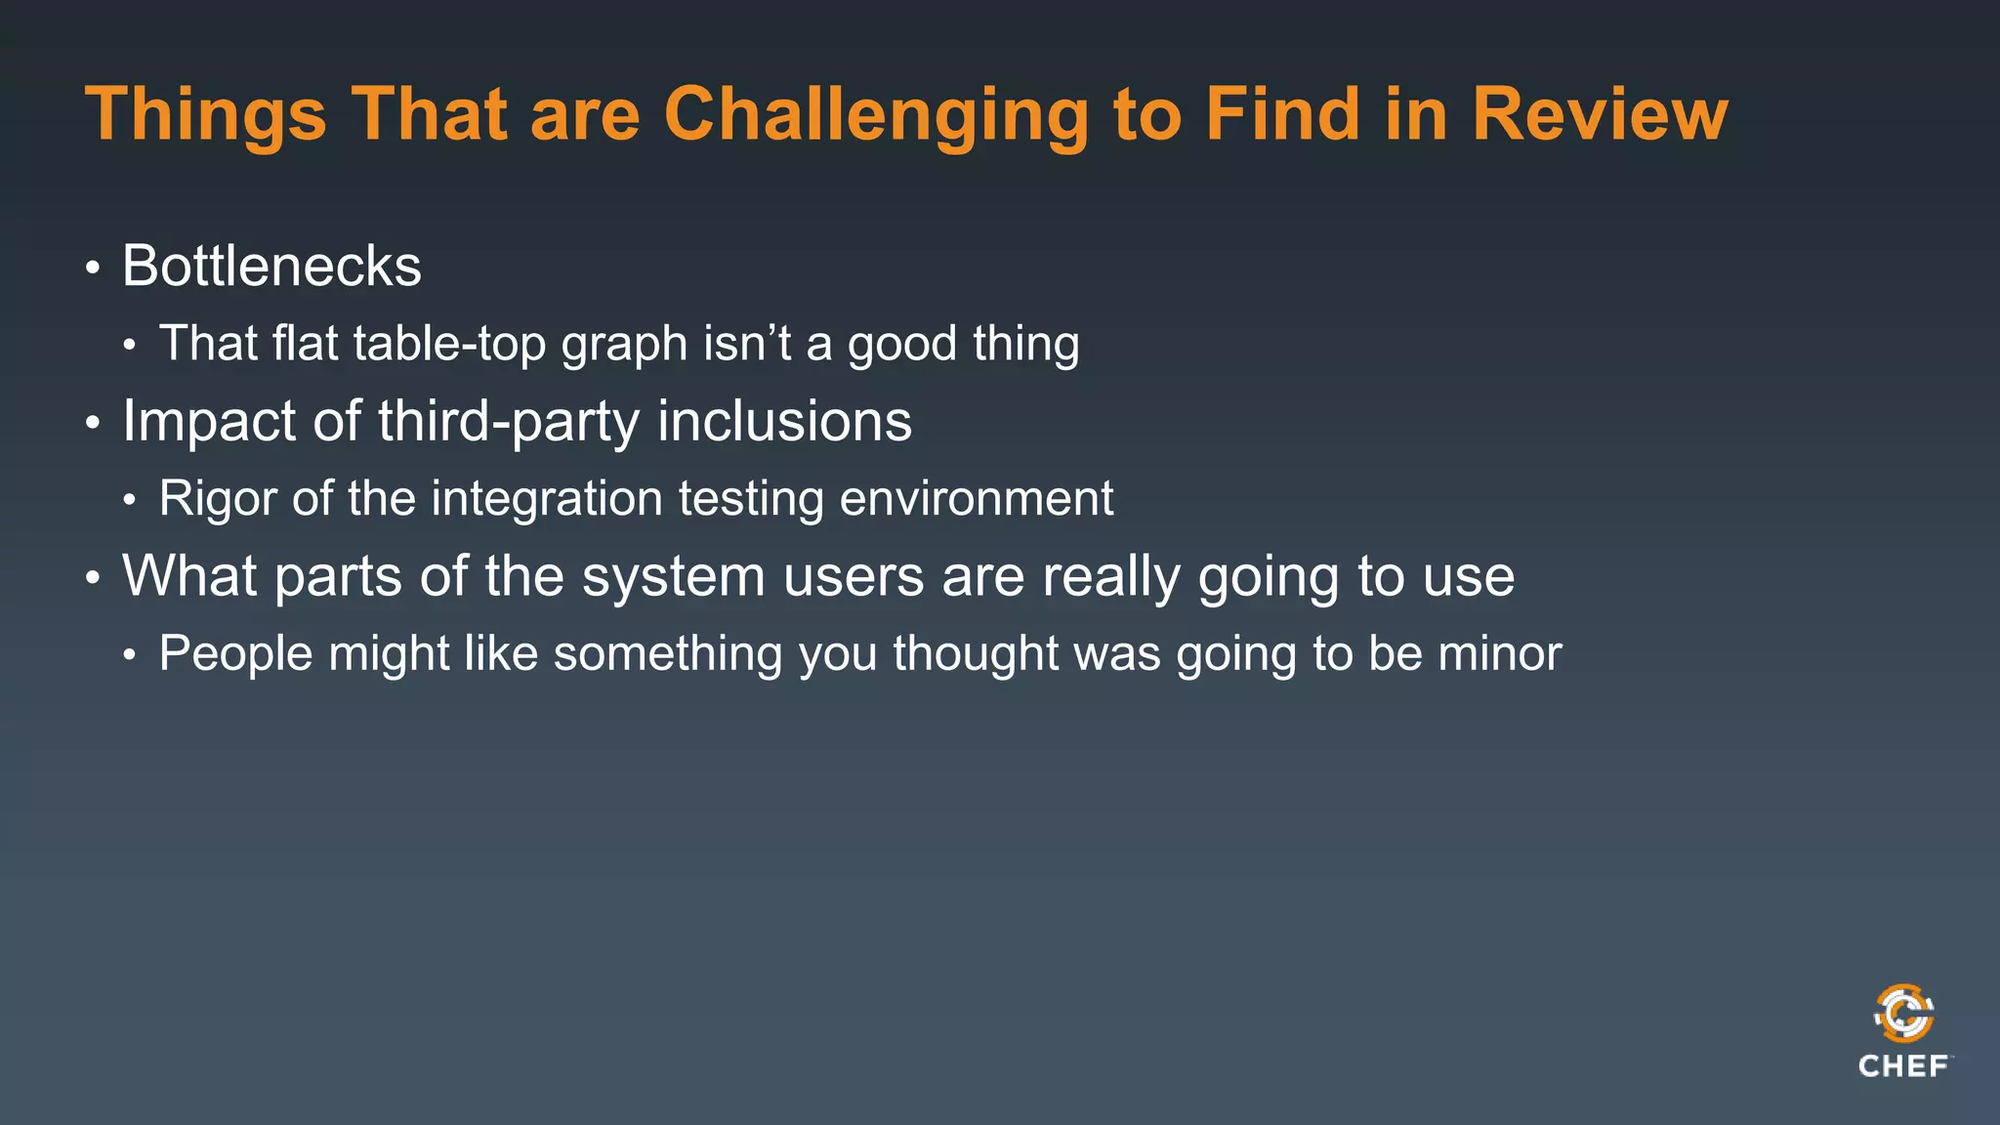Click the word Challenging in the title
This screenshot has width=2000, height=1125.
[875, 115]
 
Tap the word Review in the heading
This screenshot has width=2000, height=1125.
[1600, 115]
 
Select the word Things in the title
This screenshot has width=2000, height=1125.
[205, 115]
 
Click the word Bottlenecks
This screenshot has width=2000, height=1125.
[271, 266]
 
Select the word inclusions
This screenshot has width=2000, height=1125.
[784, 421]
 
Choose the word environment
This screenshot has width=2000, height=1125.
[976, 498]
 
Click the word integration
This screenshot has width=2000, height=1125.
[547, 499]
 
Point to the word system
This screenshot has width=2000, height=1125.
[673, 576]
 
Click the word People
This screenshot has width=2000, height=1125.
[235, 653]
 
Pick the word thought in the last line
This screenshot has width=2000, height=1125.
[975, 653]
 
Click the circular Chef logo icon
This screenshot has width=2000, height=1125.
[1903, 1014]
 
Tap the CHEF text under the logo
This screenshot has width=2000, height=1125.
[1903, 1065]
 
